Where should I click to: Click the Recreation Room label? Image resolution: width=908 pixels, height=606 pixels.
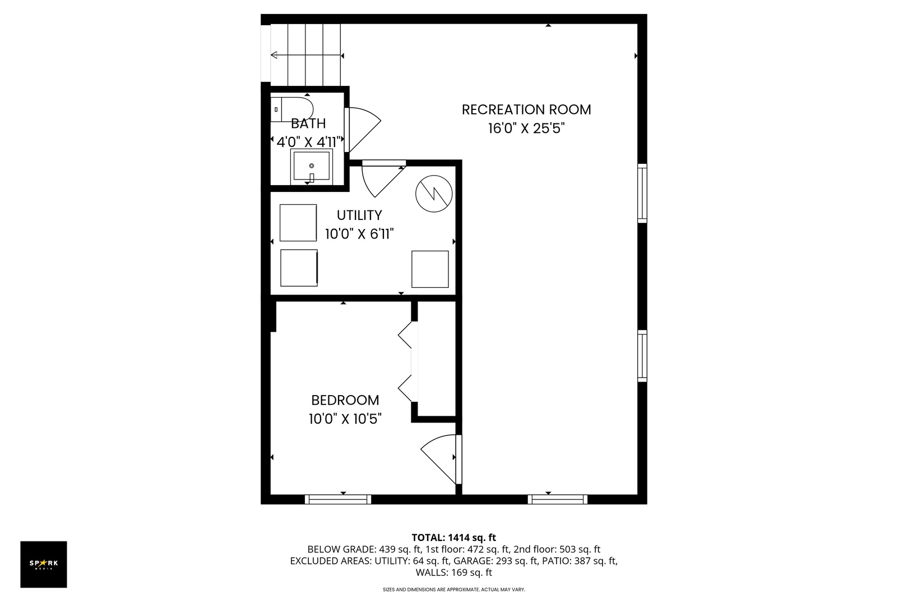point(526,109)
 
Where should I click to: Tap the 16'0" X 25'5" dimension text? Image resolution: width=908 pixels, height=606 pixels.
point(526,128)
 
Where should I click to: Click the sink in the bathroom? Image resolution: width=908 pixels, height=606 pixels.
point(312,166)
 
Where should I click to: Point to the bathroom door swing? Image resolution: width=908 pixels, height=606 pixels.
point(363,129)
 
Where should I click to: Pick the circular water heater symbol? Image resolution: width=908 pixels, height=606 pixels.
point(433,194)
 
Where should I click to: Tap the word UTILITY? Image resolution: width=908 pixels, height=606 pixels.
point(359,215)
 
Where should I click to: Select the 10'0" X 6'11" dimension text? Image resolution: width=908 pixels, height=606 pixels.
point(359,233)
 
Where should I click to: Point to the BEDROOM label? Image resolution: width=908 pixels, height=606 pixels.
point(345,400)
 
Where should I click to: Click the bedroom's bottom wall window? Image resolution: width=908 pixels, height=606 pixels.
point(337,499)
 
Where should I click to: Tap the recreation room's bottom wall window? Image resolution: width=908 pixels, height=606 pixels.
point(557,499)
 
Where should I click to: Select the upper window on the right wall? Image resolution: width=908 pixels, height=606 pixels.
point(642,193)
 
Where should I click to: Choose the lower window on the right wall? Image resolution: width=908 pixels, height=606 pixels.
point(642,356)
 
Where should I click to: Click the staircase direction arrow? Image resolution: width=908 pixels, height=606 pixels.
point(306,55)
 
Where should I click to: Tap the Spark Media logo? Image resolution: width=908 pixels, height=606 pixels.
point(44,564)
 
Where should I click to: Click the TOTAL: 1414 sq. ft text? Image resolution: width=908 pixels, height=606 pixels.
point(453,537)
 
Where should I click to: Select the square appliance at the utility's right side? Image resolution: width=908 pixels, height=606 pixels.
point(430,269)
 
